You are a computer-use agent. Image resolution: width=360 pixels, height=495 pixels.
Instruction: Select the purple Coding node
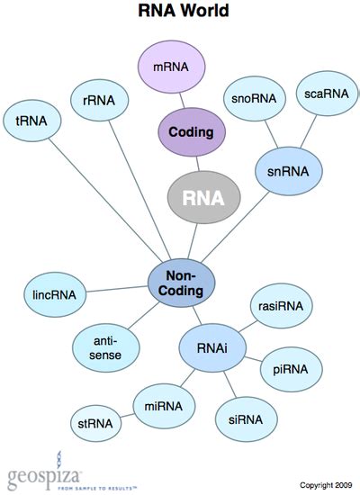tap(191, 132)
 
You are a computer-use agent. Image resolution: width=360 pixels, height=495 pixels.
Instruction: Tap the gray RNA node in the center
tap(205, 196)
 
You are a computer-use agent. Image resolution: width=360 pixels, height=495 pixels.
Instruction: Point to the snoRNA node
tap(248, 101)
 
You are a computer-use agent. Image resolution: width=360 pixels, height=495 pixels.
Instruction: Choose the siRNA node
tap(247, 419)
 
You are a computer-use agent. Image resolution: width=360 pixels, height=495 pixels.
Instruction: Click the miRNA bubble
tap(163, 407)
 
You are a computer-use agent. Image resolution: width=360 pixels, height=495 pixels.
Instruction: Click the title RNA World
tap(183, 12)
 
